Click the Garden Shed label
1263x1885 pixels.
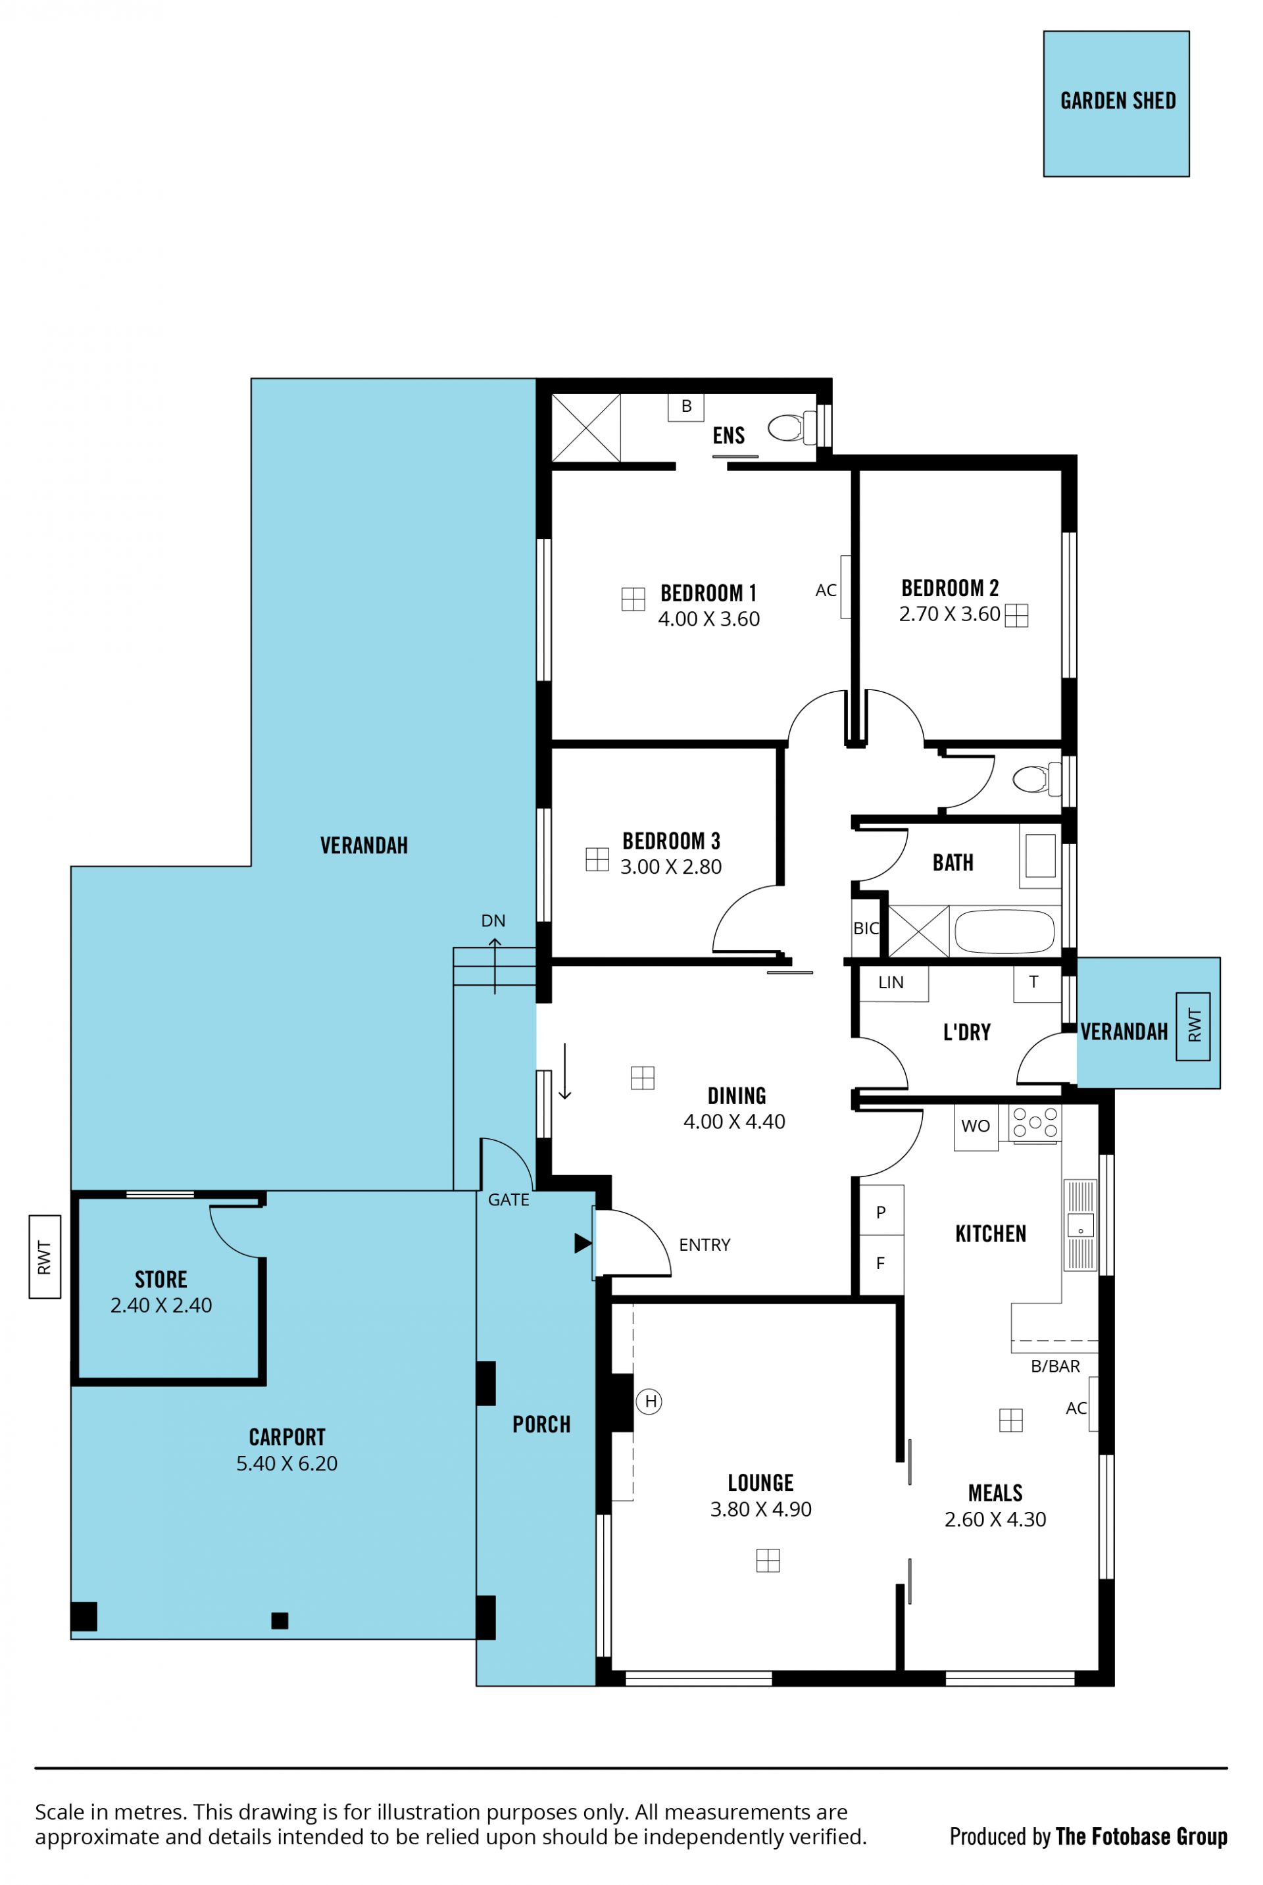[1118, 101]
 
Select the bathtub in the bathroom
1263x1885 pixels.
[1004, 931]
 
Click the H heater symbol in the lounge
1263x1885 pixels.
[650, 1401]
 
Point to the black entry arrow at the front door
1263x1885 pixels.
[582, 1243]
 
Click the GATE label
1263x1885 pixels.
[508, 1199]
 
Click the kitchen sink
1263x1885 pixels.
[1080, 1225]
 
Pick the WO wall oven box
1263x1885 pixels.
[976, 1126]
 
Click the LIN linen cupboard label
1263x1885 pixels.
[891, 983]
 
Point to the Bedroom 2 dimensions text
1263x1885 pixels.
[950, 614]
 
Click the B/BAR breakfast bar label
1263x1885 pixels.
[1055, 1367]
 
